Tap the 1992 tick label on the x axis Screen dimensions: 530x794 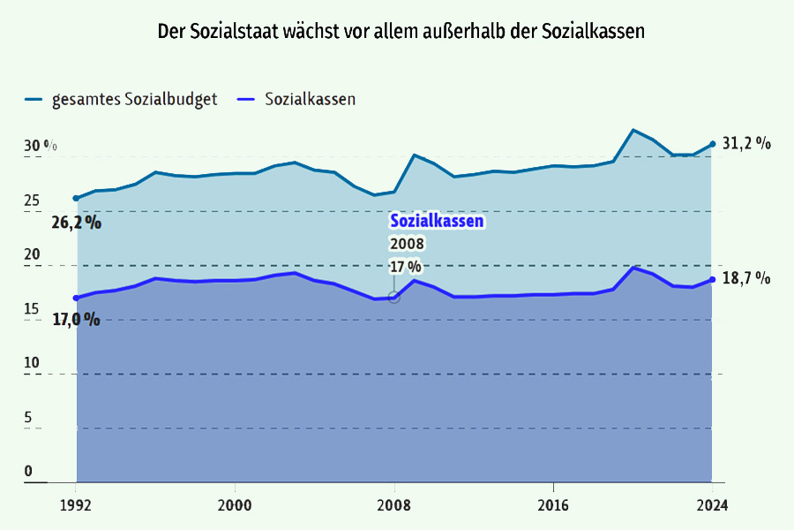[x=76, y=505]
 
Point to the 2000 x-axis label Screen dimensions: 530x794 [x=235, y=505]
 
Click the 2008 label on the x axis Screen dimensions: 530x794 [x=394, y=505]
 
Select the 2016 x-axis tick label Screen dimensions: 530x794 [x=552, y=505]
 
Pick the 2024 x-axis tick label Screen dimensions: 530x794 [x=712, y=505]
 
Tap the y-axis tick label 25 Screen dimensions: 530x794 [x=33, y=201]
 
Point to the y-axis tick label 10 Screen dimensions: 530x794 [x=33, y=362]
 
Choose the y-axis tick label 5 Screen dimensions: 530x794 [x=29, y=417]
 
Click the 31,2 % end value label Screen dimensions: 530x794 [x=746, y=143]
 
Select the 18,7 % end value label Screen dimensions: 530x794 [x=746, y=278]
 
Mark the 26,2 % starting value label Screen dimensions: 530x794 [x=76, y=223]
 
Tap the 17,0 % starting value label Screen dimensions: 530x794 [x=76, y=319]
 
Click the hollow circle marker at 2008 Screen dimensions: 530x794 [x=394, y=297]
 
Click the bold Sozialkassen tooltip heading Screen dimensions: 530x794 [x=437, y=222]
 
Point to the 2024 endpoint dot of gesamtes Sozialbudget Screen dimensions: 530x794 [x=712, y=144]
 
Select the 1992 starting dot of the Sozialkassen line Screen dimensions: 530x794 [x=76, y=298]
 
